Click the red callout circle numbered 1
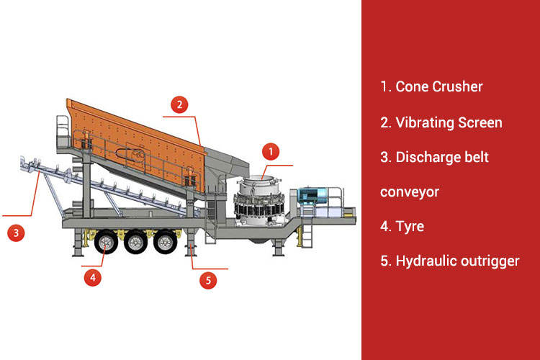pyautogui.click(x=271, y=151)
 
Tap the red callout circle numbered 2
pyautogui.click(x=180, y=104)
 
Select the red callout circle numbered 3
pyautogui.click(x=16, y=233)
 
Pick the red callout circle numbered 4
pyautogui.click(x=91, y=276)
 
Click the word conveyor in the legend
pyautogui.click(x=410, y=192)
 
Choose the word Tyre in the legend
pyautogui.click(x=410, y=226)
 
